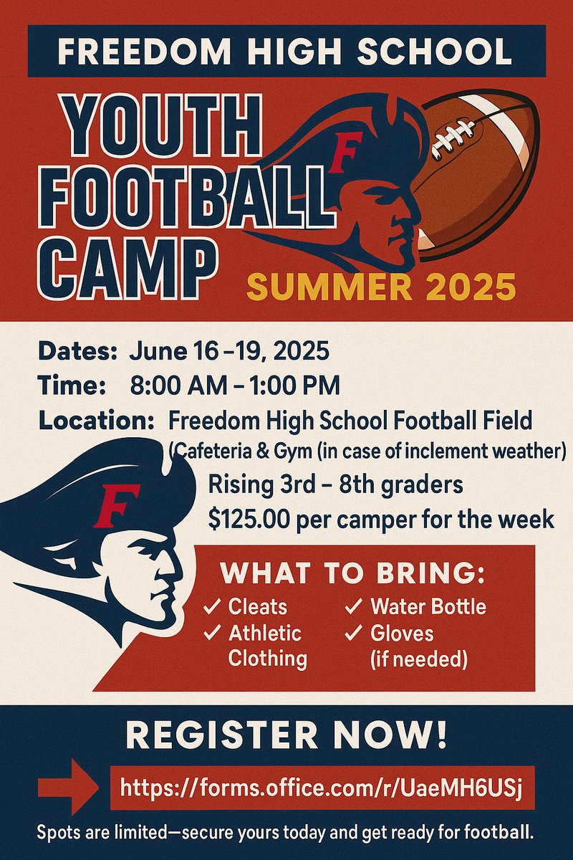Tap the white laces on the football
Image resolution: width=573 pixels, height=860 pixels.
pyautogui.click(x=453, y=136)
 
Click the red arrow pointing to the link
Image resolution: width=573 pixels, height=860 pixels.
pyautogui.click(x=68, y=789)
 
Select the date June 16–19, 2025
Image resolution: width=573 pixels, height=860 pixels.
pyautogui.click(x=229, y=352)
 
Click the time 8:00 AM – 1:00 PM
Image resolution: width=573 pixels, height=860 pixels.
pyautogui.click(x=235, y=386)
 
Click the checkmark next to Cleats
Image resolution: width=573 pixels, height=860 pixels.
pyautogui.click(x=212, y=607)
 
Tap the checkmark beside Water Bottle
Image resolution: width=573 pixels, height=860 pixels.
pyautogui.click(x=354, y=607)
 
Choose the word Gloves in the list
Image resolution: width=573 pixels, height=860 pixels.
pyautogui.click(x=402, y=634)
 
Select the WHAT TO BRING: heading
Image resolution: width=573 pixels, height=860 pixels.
pyautogui.click(x=352, y=573)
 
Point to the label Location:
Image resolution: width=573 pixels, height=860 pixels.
pyautogui.click(x=97, y=420)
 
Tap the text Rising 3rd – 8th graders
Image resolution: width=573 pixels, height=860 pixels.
pyautogui.click(x=335, y=485)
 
